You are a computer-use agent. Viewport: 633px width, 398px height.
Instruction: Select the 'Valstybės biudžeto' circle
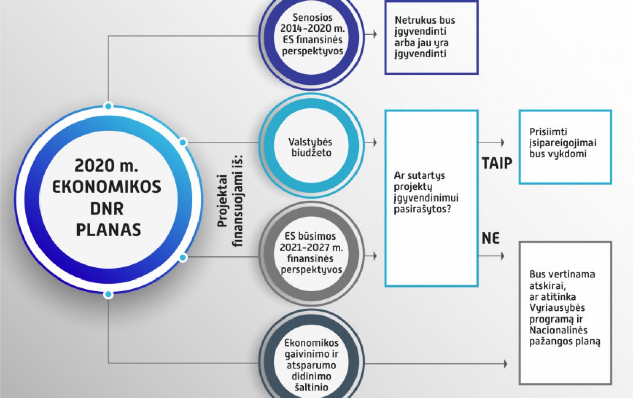pos(310,147)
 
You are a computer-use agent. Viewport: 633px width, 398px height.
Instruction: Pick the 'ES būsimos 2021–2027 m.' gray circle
pos(310,253)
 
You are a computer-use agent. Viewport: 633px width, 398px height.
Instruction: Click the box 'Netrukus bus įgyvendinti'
pos(430,37)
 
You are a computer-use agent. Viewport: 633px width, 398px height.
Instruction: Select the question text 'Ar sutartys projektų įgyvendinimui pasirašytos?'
pos(430,192)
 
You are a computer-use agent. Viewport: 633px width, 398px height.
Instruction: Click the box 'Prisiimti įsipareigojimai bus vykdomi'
pos(564,147)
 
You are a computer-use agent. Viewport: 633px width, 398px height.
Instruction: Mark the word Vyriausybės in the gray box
pos(556,308)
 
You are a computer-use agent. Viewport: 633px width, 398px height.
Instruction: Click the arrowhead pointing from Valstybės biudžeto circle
pos(375,143)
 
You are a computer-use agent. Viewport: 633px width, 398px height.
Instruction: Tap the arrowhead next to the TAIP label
pos(502,143)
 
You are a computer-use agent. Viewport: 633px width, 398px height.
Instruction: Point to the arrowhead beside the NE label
pos(502,256)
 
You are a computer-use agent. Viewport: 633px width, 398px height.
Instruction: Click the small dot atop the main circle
pos(108,106)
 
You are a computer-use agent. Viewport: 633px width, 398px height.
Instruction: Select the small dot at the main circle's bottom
pos(108,294)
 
